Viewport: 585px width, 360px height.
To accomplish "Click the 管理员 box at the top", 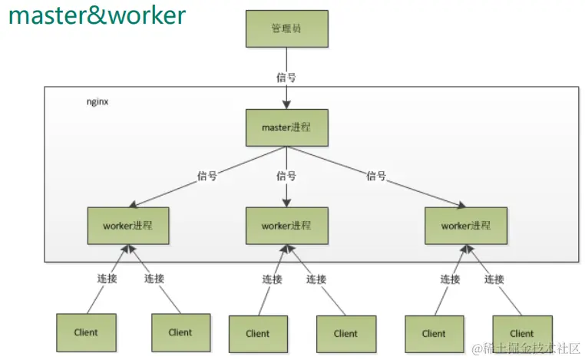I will click(x=286, y=28).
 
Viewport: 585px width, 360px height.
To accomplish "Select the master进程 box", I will click(x=286, y=127).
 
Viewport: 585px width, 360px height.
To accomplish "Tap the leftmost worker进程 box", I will click(x=128, y=225).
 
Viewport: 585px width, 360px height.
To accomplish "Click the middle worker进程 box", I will click(x=286, y=225).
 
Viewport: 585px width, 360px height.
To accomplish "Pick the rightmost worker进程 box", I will click(x=466, y=225).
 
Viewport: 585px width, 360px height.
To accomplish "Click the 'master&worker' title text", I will click(x=97, y=15).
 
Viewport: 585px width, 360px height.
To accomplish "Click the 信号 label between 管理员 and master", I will click(x=286, y=77).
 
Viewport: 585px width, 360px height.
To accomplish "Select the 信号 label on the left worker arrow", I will click(x=207, y=176).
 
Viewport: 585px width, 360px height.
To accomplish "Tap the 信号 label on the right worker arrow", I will click(x=376, y=176).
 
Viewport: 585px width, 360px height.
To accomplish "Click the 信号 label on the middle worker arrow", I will click(x=286, y=176).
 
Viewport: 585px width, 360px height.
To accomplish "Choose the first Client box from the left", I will click(x=86, y=332).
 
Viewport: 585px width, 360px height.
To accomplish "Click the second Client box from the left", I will click(x=180, y=332).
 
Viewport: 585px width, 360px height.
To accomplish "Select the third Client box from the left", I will click(x=258, y=333).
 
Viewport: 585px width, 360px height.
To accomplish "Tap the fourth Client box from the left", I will click(x=345, y=333).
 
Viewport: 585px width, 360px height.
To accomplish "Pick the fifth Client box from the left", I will click(x=434, y=333).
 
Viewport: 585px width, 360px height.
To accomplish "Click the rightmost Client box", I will click(x=521, y=333).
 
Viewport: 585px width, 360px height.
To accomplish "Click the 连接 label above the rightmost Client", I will click(x=495, y=279).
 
